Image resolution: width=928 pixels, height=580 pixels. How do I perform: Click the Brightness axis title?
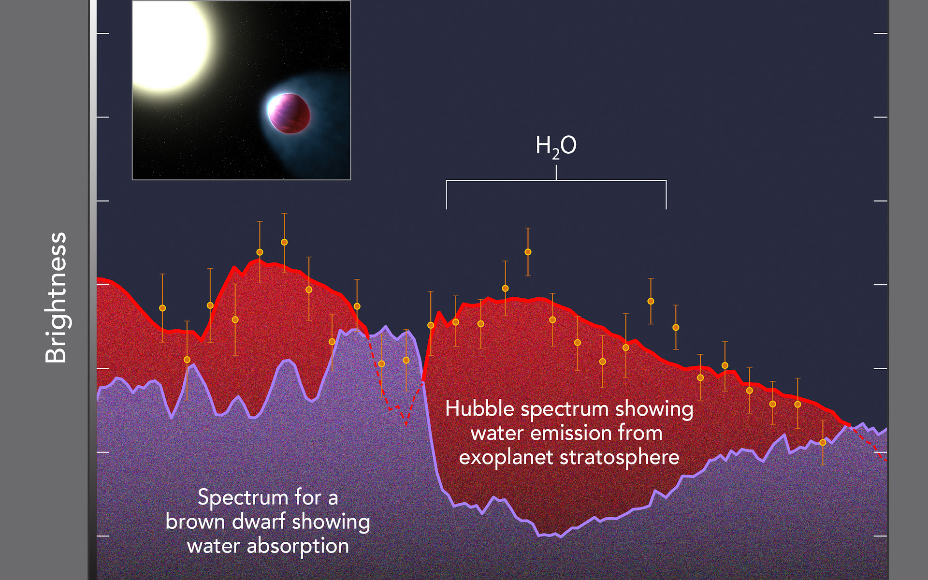click(56, 298)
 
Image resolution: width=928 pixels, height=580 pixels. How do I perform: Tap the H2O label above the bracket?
click(556, 146)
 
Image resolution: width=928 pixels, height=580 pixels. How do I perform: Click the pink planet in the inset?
click(289, 113)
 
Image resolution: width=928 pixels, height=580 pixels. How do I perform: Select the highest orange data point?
click(284, 242)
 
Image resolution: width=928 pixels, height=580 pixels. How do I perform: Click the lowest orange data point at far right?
click(823, 443)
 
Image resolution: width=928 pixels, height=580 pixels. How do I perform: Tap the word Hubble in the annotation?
click(473, 409)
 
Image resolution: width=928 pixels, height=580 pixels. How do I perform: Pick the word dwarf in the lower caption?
click(259, 522)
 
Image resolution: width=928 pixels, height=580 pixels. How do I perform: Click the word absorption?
click(298, 546)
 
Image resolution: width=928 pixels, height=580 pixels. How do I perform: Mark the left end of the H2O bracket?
click(446, 209)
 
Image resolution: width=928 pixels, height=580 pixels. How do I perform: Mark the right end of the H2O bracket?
click(666, 209)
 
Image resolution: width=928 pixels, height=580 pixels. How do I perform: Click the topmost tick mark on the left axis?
click(102, 33)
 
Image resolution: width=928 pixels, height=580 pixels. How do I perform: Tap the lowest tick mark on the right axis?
click(881, 536)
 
